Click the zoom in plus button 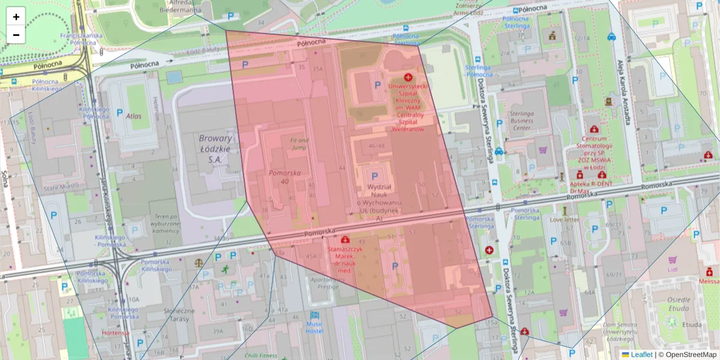(16, 17)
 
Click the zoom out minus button (16, 35)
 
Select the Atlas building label (133, 116)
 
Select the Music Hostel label (314, 327)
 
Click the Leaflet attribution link (641, 355)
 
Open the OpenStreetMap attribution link (687, 355)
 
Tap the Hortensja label (115, 332)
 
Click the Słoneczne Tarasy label (178, 314)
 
